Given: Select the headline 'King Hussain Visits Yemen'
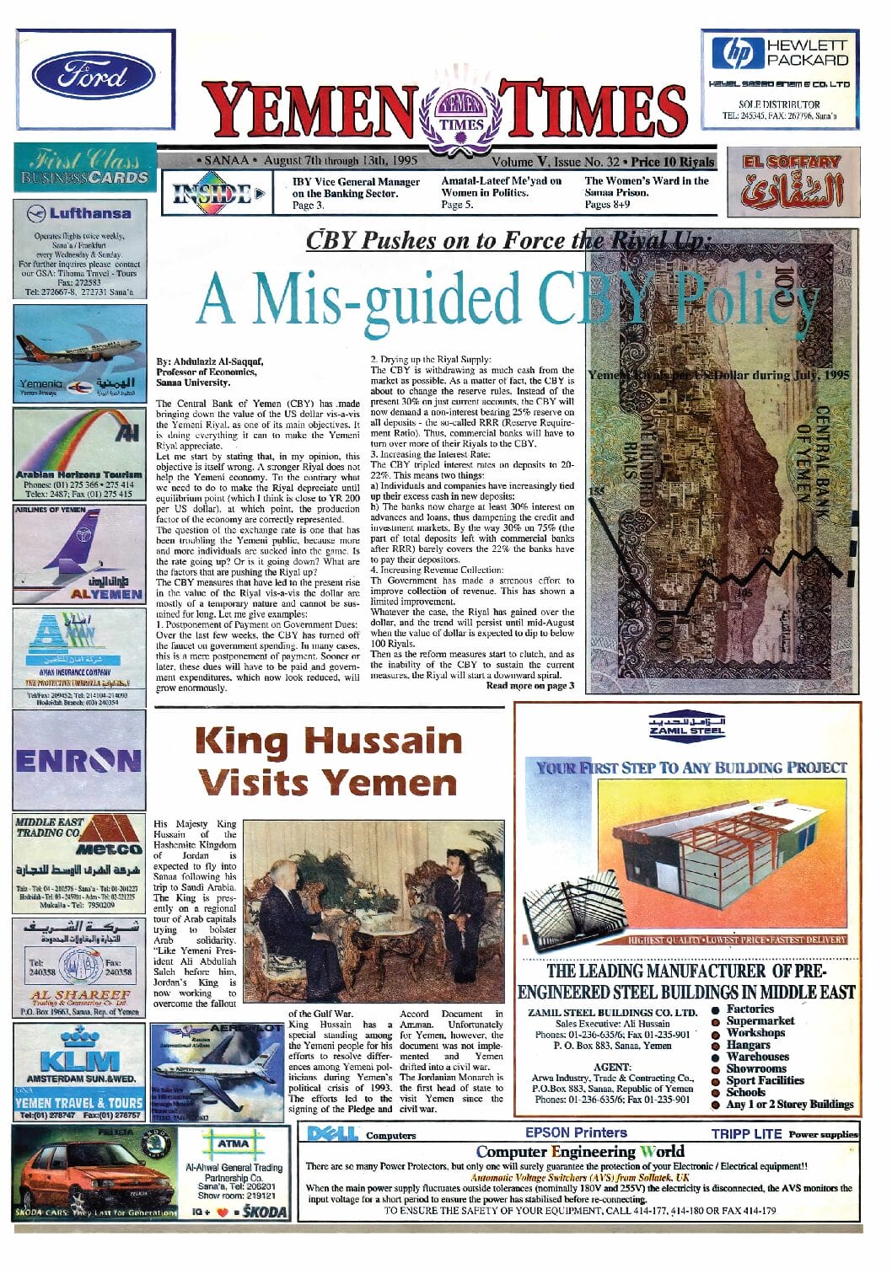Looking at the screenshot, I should pyautogui.click(x=329, y=762).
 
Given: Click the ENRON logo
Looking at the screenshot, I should pyautogui.click(x=78, y=760).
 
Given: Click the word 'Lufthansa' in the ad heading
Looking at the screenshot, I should pyautogui.click(x=89, y=213).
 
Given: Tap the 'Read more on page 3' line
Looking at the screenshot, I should pyautogui.click(x=529, y=685).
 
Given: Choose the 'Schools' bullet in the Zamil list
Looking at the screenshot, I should pyautogui.click(x=745, y=1092).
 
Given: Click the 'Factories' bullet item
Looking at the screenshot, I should pyautogui.click(x=750, y=1009).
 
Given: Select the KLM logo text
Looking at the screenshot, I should pyautogui.click(x=79, y=1058).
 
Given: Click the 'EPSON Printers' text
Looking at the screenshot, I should pyautogui.click(x=576, y=1133).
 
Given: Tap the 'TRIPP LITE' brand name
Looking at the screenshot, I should pyautogui.click(x=746, y=1134).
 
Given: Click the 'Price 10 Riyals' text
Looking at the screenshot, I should pyautogui.click(x=673, y=162).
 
